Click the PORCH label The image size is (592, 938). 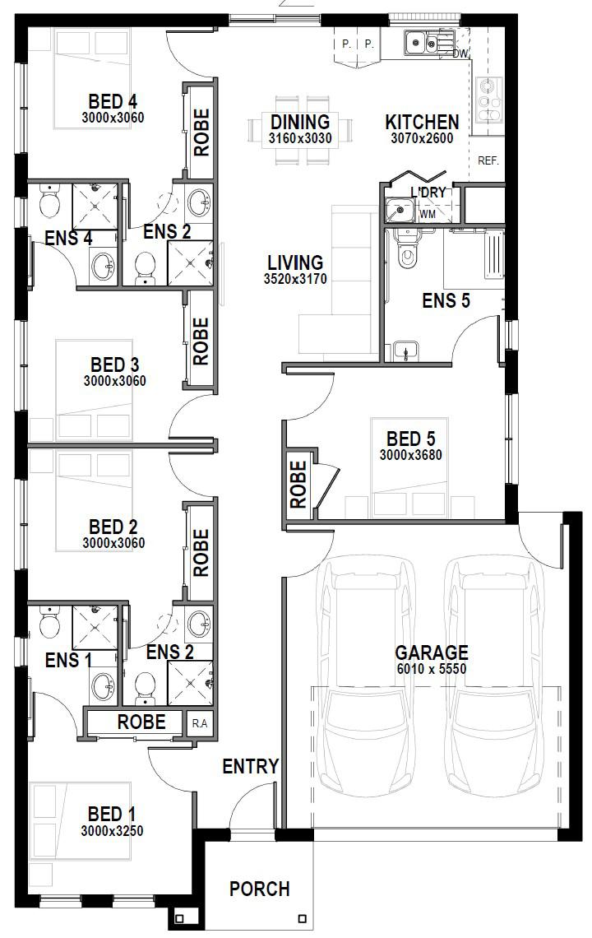tap(260, 889)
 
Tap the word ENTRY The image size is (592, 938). tap(251, 766)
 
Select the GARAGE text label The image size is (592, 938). tap(431, 652)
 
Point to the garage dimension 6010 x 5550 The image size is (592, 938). tap(431, 669)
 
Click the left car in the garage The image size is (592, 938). tap(368, 677)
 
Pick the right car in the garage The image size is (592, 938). tap(494, 677)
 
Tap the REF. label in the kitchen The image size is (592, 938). tap(488, 161)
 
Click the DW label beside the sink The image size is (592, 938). tap(460, 53)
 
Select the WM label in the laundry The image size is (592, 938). tap(428, 214)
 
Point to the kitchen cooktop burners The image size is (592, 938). tap(490, 100)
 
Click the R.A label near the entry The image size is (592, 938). tap(200, 723)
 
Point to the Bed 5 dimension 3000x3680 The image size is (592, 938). tap(411, 455)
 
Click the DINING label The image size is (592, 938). tap(300, 122)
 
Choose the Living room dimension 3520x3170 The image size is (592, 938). tap(295, 278)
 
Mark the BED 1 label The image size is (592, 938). tap(112, 814)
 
